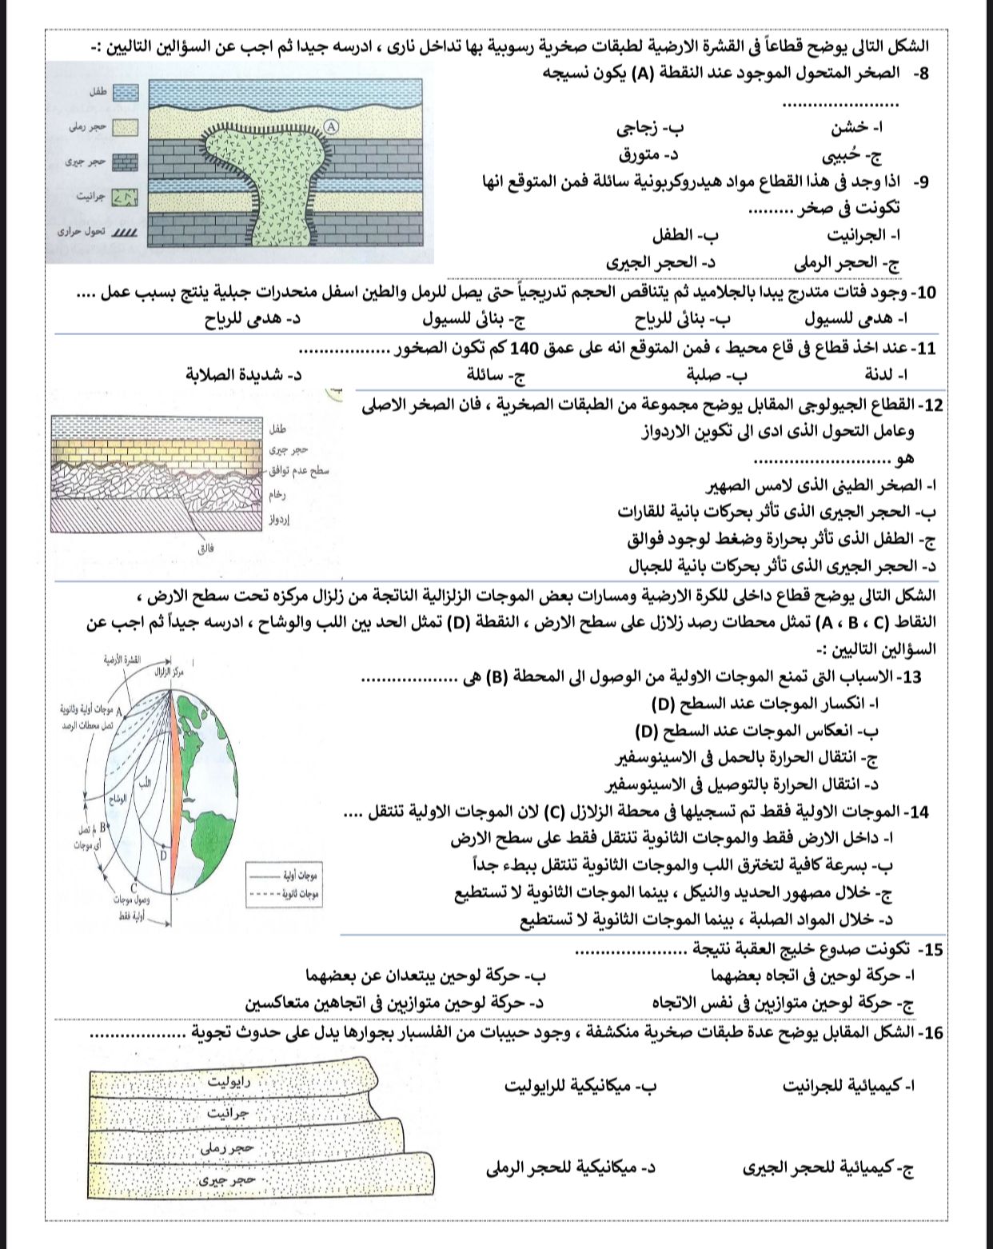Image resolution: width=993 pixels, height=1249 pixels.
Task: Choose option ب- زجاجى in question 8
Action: pos(651,127)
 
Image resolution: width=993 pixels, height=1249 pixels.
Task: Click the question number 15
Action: pos(932,950)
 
